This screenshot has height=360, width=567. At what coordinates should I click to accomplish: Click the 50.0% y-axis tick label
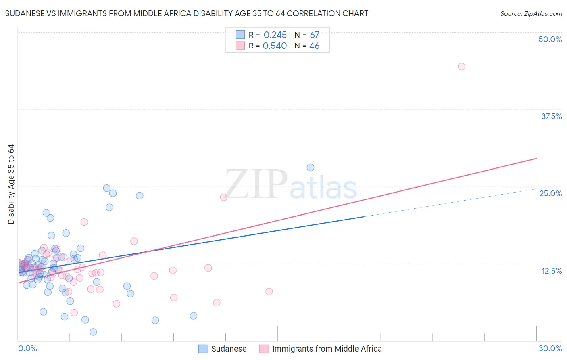pos(550,39)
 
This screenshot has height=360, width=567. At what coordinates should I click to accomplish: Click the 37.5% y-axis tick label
pos(551,116)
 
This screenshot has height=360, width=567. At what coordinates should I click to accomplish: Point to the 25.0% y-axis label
pos(550,193)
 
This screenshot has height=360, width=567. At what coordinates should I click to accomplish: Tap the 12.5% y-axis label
pos(551,271)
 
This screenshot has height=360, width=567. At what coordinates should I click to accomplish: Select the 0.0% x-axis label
pos(27,348)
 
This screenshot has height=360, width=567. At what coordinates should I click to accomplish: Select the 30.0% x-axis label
pos(550,348)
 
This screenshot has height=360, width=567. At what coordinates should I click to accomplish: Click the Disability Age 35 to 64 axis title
pos(11,184)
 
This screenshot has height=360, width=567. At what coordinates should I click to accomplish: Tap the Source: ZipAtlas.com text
pos(531,13)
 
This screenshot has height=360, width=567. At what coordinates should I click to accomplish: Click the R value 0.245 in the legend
pos(275,35)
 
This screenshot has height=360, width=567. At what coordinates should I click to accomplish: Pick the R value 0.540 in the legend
pos(275,46)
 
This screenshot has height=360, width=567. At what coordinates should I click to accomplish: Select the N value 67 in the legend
pos(315,35)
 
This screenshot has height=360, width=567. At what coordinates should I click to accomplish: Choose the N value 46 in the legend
pos(314,46)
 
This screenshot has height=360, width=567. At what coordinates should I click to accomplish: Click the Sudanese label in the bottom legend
pos(229,349)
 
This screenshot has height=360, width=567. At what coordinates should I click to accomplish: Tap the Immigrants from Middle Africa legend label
pos(327,349)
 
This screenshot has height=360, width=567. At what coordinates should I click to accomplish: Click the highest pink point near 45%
pos(462,67)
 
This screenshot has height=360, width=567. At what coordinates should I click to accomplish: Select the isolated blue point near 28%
pos(311,167)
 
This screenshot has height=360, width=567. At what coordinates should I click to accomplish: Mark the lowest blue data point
pos(93,332)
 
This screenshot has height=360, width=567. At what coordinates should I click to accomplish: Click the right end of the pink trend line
pos(536,158)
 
